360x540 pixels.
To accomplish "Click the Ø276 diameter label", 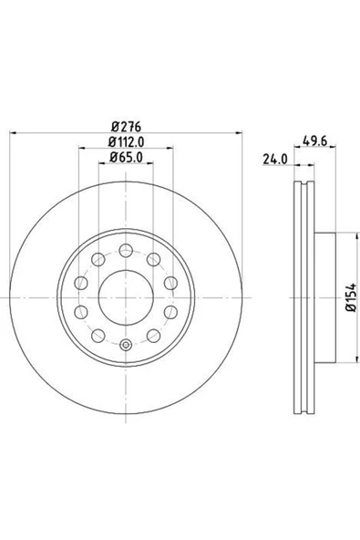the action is tap(126, 127).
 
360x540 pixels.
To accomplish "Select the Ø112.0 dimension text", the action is tap(126, 141).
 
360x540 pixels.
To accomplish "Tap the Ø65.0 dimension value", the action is tap(126, 158).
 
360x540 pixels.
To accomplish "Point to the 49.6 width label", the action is tap(314, 140).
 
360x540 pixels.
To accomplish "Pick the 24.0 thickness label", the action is tap(275, 159).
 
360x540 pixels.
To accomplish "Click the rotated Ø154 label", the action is tap(352, 298).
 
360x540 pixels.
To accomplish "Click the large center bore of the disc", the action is tap(126, 297).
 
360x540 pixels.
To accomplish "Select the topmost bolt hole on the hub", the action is tap(126, 250).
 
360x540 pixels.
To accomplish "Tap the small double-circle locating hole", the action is tap(127, 345).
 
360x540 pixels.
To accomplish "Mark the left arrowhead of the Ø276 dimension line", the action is tap(13, 132).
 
